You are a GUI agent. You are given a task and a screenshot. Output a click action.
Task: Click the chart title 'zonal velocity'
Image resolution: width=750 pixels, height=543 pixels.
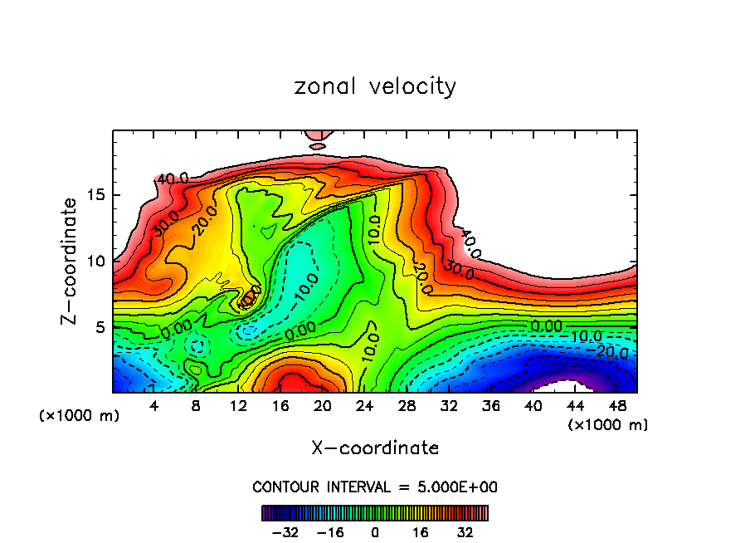pyautogui.click(x=375, y=86)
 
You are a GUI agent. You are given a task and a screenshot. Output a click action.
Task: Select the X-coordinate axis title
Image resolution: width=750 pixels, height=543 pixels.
pyautogui.click(x=375, y=448)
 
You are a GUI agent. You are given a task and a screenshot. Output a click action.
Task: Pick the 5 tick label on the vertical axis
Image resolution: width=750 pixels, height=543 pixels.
pyautogui.click(x=98, y=327)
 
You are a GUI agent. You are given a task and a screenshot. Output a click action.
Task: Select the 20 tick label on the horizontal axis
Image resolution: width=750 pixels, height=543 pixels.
pyautogui.click(x=322, y=407)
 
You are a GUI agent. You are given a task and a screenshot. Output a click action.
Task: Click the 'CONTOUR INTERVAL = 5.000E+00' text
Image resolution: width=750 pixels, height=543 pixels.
pyautogui.click(x=375, y=487)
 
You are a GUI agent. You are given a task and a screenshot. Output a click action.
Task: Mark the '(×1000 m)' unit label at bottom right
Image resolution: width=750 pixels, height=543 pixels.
pyautogui.click(x=607, y=425)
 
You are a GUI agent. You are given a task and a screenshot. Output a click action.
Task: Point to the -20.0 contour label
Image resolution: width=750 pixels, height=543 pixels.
pyautogui.click(x=612, y=353)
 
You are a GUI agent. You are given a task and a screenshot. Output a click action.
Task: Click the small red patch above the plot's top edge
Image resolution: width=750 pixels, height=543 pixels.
pyautogui.click(x=318, y=135)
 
